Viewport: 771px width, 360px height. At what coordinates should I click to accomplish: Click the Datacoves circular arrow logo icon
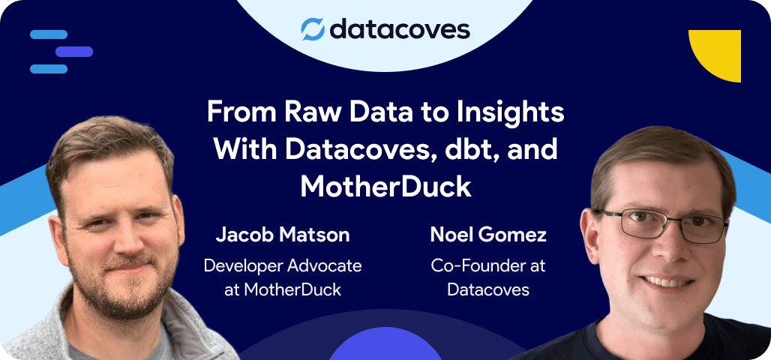312,29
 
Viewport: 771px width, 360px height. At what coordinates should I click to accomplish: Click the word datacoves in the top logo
399,29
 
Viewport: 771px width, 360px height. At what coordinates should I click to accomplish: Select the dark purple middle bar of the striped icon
73,52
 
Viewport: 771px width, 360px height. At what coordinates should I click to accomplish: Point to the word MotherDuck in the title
385,185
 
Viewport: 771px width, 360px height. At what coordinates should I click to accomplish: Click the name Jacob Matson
283,235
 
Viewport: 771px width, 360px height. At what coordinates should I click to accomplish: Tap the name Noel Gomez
488,235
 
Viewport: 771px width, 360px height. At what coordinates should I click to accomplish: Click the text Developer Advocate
283,265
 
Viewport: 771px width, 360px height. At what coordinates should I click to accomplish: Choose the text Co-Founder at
488,265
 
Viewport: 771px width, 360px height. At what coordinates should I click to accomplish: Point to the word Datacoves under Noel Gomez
488,289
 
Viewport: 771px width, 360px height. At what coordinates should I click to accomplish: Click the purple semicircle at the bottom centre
385,346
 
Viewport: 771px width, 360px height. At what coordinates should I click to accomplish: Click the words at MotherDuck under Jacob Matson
283,289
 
